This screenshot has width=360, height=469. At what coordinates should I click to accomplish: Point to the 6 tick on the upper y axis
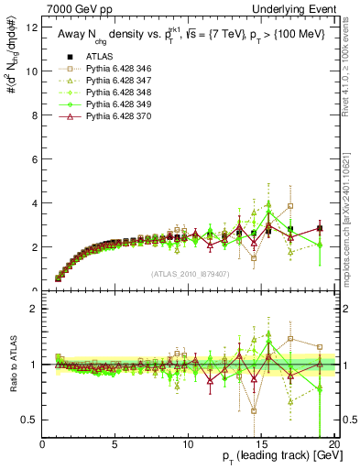click(35, 159)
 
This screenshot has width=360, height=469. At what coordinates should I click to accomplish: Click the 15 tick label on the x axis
click(261, 444)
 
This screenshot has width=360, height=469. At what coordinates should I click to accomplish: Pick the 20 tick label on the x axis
click(333, 444)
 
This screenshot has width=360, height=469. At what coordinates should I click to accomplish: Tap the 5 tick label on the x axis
click(115, 444)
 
